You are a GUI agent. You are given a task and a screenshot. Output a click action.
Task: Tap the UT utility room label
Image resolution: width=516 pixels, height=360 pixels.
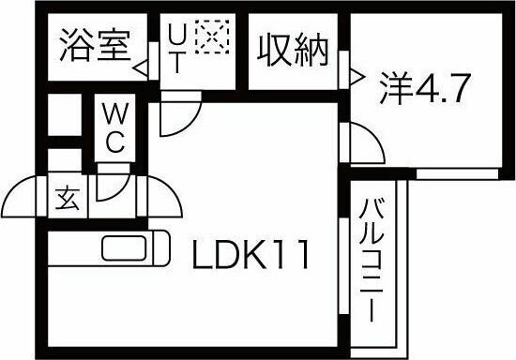pos(175,53)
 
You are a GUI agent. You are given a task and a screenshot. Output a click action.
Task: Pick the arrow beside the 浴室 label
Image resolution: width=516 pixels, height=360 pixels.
pos(140,68)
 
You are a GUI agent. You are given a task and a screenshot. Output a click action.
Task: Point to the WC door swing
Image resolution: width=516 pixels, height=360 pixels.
pos(110,181)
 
